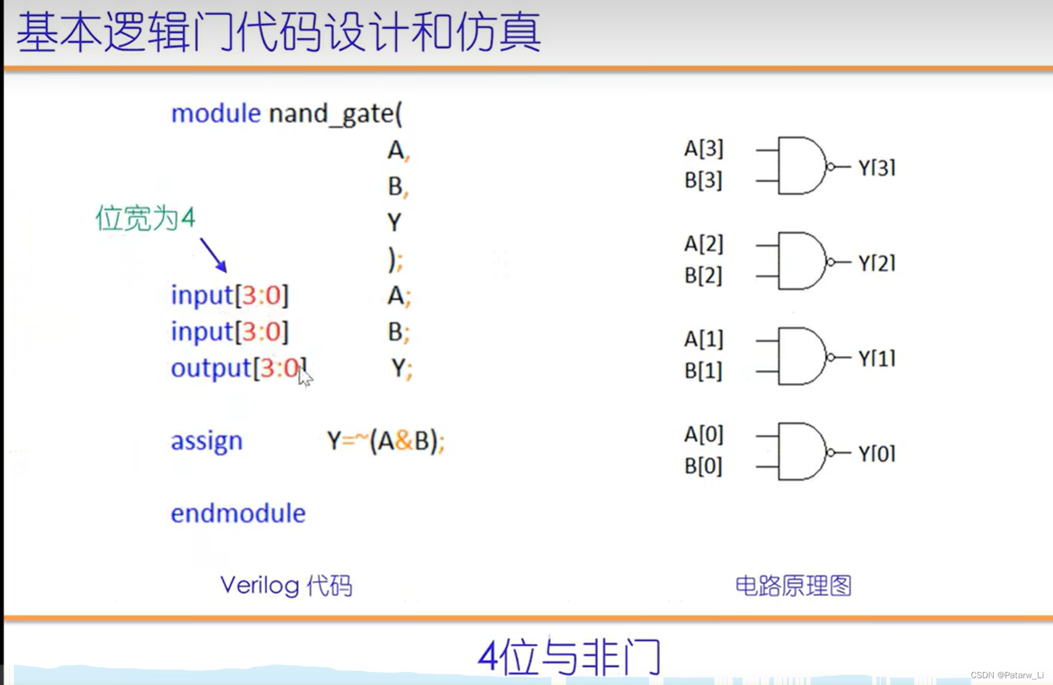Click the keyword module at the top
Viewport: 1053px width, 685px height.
tap(216, 114)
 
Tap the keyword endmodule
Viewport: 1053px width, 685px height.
tap(238, 513)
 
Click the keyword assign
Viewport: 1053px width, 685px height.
tap(206, 441)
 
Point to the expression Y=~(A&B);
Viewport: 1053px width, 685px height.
tap(385, 441)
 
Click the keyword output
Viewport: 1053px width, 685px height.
tap(211, 368)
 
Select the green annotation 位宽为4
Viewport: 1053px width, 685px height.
tap(145, 218)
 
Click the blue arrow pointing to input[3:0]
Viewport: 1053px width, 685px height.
tap(213, 254)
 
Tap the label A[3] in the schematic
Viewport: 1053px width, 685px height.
tap(703, 148)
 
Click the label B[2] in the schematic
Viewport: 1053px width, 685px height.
tap(703, 275)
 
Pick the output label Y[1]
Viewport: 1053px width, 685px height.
tap(876, 358)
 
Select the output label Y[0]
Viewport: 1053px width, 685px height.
tap(876, 453)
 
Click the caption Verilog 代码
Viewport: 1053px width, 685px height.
tap(286, 586)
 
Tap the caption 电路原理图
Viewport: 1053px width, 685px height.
tap(793, 586)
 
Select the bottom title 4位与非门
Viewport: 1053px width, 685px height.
tap(569, 657)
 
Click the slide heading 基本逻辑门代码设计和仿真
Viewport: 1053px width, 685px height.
tap(279, 33)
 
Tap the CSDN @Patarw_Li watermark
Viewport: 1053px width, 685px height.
tap(1007, 675)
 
